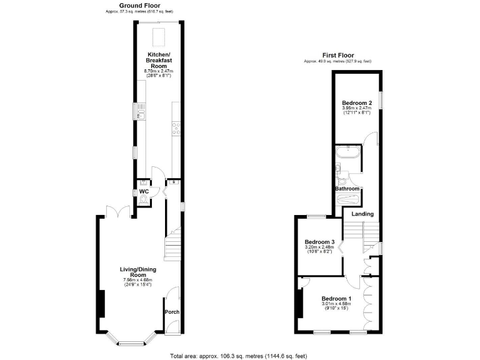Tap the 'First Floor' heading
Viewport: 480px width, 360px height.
337,55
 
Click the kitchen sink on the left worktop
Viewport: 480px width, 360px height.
141,113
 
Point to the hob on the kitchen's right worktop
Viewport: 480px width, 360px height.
176,128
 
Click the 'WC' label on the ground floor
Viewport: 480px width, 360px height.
144,191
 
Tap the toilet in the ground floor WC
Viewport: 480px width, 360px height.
144,199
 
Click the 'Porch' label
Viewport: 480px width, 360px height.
172,311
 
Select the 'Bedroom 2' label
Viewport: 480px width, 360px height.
357,103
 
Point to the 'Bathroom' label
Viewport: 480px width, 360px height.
347,189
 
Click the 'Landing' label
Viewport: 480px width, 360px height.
362,214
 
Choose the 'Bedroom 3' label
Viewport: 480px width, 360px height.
320,242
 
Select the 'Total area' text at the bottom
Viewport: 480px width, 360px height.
238,356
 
